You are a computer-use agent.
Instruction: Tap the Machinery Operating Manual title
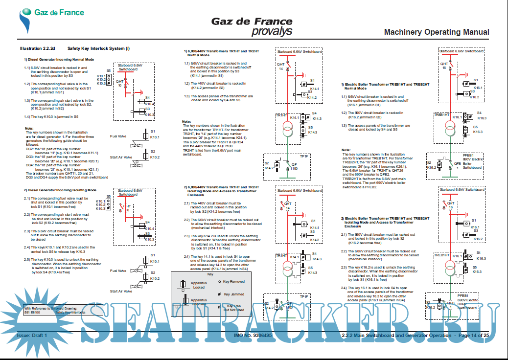pos(436,32)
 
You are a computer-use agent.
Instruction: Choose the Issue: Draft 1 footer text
pos(32,336)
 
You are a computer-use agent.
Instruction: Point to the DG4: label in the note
pos(30,166)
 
